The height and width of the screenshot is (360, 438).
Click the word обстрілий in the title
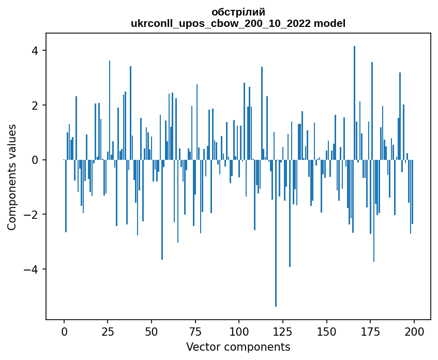[238, 12]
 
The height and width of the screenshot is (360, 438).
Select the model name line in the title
[238, 23]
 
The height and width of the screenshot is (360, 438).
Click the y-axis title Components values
[12, 177]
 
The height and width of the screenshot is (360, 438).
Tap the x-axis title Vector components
[238, 347]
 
